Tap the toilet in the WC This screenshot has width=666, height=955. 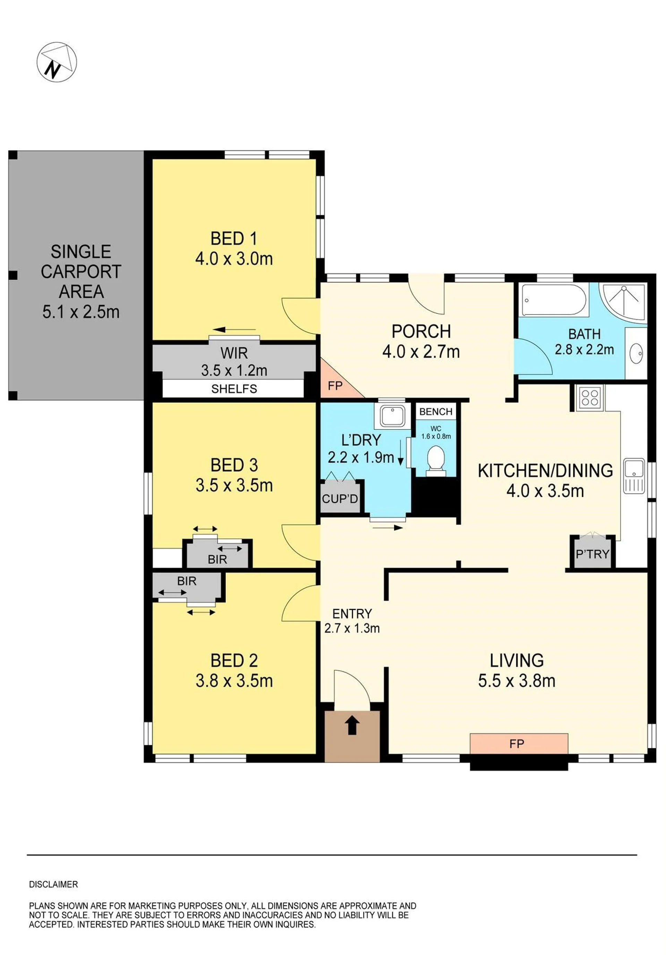tap(436, 460)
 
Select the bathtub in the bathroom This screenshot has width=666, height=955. tap(554, 300)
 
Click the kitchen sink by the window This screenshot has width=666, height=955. tap(634, 476)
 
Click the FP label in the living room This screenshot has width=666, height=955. tap(516, 744)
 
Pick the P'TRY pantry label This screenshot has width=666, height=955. tap(592, 554)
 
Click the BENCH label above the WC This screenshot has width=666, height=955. tap(436, 411)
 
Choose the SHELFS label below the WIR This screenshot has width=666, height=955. tap(234, 389)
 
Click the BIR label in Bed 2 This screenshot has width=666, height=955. tap(187, 581)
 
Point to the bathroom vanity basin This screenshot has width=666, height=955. tap(636, 353)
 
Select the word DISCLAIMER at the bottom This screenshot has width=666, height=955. tap(53, 885)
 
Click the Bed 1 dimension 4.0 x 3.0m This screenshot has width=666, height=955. tap(234, 259)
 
